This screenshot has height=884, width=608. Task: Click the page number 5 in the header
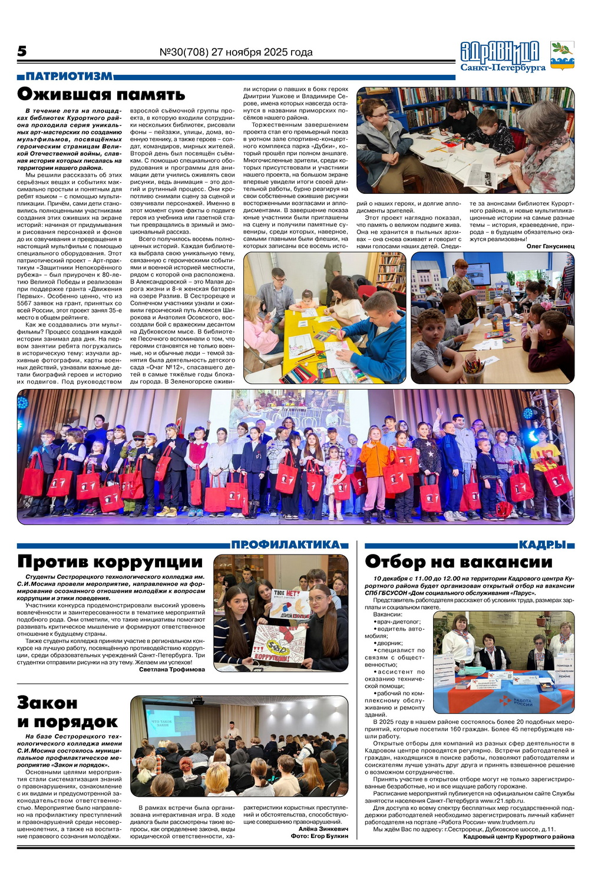22,52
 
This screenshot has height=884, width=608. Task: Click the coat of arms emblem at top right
561,56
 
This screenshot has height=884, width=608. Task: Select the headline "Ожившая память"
101,94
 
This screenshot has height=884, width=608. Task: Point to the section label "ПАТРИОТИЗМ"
69,77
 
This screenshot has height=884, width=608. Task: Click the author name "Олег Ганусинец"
550,246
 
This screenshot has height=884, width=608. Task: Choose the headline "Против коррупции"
110,562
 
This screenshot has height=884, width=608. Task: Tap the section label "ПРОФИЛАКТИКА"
286,545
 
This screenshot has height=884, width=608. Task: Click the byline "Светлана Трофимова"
172,669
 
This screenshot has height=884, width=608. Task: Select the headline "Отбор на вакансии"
458,562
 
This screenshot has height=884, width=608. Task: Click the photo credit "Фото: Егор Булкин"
319,836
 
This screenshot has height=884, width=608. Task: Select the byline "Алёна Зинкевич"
323,829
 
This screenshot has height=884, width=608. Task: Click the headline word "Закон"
48,702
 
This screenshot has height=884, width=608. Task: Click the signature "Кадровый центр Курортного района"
518,837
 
